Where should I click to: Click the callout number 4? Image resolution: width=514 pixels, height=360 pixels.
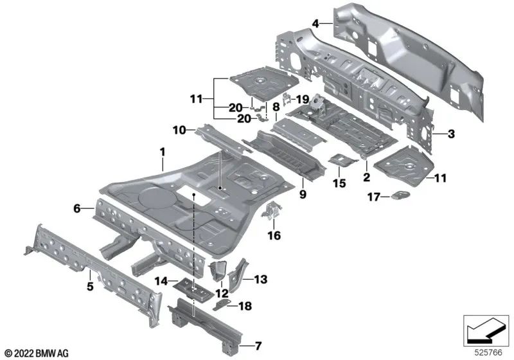pyautogui.click(x=315, y=24)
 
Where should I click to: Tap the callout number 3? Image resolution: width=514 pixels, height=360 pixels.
pyautogui.click(x=452, y=134)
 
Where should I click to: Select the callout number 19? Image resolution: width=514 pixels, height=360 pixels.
pyautogui.click(x=302, y=99)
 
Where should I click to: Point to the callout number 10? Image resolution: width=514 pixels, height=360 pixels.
pyautogui.click(x=179, y=130)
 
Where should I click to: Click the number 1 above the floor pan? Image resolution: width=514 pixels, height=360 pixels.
pyautogui.click(x=163, y=152)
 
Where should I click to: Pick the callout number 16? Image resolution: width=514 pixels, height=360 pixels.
pyautogui.click(x=274, y=235)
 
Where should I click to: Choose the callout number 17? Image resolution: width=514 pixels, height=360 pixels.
pyautogui.click(x=374, y=197)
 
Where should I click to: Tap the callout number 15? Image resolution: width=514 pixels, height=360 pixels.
pyautogui.click(x=339, y=183)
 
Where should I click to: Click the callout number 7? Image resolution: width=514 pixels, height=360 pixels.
pyautogui.click(x=258, y=346)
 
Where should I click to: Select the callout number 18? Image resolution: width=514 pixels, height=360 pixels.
pyautogui.click(x=245, y=306)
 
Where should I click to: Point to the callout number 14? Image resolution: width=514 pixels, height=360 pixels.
pyautogui.click(x=161, y=281)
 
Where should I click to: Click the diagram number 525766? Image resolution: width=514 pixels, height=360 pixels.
pyautogui.click(x=489, y=352)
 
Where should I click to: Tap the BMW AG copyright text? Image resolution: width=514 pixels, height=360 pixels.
pyautogui.click(x=37, y=354)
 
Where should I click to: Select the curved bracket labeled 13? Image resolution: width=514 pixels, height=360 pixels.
pyautogui.click(x=238, y=274)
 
